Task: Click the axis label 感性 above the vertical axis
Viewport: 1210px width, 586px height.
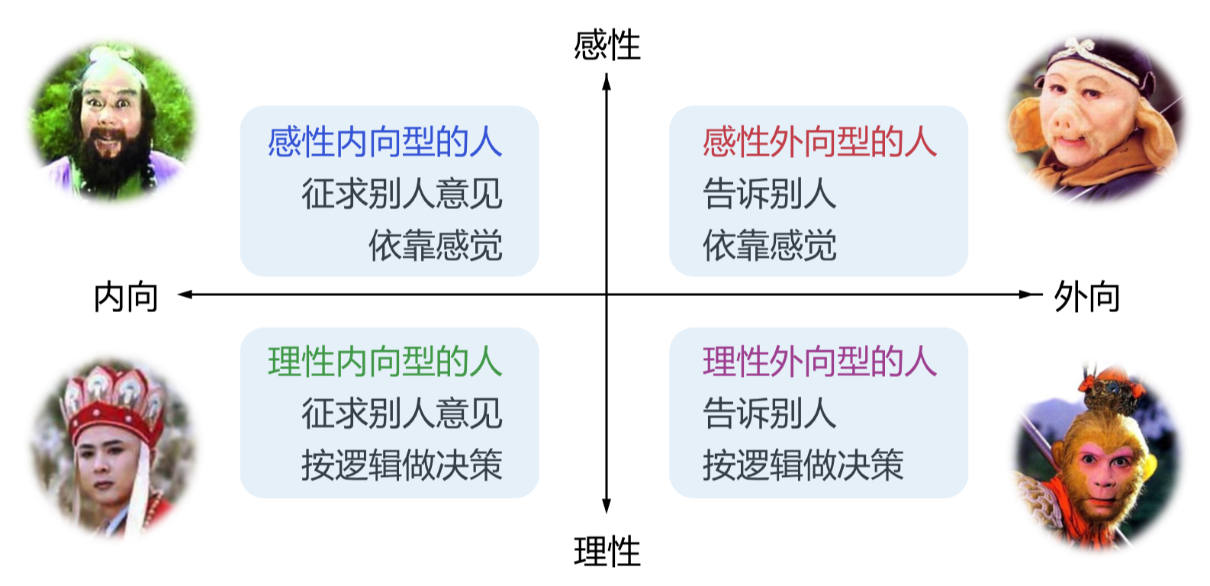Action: pyautogui.click(x=607, y=45)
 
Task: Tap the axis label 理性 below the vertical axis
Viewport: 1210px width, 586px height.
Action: pyautogui.click(x=607, y=552)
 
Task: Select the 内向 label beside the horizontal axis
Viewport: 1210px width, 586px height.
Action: pyautogui.click(x=126, y=297)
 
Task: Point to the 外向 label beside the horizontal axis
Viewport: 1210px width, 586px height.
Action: pyautogui.click(x=1086, y=297)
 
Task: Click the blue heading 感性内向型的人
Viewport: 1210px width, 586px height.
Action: pyautogui.click(x=385, y=143)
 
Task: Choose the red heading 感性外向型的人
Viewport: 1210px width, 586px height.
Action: pyautogui.click(x=819, y=143)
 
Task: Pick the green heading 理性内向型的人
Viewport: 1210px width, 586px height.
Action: pyautogui.click(x=385, y=362)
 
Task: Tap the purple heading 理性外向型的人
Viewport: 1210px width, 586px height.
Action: pyautogui.click(x=819, y=362)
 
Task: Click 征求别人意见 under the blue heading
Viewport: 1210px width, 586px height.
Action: pyautogui.click(x=401, y=194)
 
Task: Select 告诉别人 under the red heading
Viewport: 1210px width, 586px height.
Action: pyautogui.click(x=769, y=194)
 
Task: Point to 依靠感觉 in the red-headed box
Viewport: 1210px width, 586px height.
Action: pyautogui.click(x=769, y=246)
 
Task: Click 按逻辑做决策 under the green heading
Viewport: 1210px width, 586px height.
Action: pyautogui.click(x=401, y=465)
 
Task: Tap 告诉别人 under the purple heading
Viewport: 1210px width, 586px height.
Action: pyautogui.click(x=769, y=413)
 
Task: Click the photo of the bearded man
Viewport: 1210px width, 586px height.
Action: pyautogui.click(x=113, y=122)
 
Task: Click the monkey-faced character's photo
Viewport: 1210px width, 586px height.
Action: pyautogui.click(x=1099, y=462)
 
